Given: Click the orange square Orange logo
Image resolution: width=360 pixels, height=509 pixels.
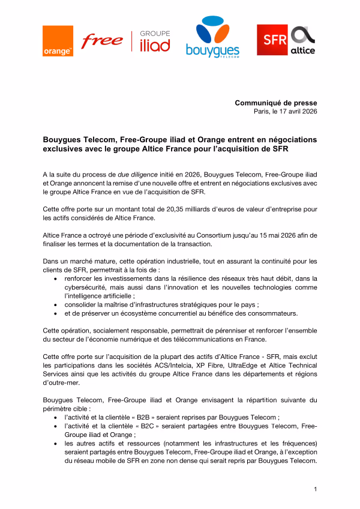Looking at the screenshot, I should click(58, 41).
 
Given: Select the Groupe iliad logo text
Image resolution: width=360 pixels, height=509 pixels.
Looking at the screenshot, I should click(155, 41).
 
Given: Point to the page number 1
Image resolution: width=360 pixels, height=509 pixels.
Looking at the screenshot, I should click(315, 490).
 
